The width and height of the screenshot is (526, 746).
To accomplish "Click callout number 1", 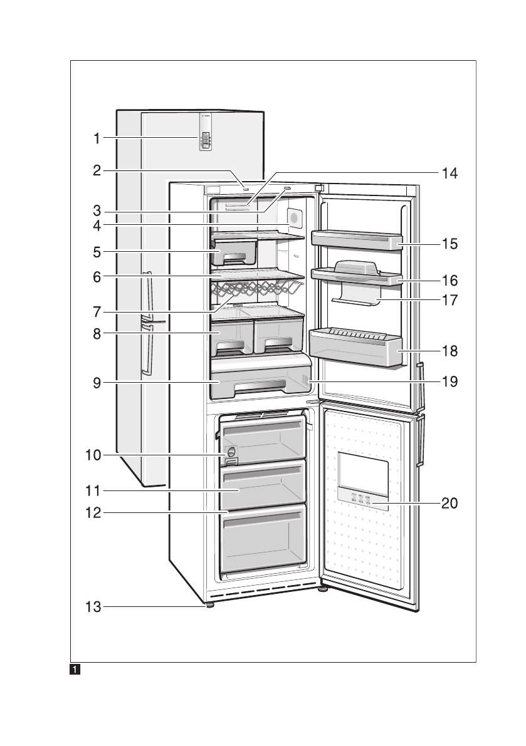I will [97, 139].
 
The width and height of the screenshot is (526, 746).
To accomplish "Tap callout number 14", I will [450, 174].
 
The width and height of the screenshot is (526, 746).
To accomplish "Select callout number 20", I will [450, 502].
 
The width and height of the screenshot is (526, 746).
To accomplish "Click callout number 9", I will [97, 382].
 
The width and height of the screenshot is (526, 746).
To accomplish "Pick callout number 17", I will [450, 299].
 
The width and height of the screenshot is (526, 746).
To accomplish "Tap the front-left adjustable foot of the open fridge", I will [208, 605].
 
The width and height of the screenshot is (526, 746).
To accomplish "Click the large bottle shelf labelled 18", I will [355, 348].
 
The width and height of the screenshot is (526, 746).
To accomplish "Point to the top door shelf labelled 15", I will [355, 240].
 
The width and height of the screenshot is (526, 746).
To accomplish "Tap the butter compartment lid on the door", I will [357, 267].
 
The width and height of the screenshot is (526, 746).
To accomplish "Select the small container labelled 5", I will [235, 251].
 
